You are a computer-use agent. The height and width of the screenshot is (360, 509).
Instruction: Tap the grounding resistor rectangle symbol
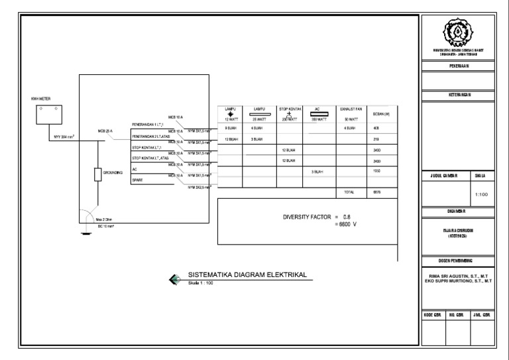98,174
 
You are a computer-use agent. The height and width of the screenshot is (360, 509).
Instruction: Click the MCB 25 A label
105,131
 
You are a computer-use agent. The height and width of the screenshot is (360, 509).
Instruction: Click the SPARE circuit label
137,180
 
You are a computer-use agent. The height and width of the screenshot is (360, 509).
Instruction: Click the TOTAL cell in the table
349,192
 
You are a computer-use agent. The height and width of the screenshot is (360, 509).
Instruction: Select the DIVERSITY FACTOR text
306,217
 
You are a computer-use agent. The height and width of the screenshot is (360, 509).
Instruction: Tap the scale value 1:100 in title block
482,195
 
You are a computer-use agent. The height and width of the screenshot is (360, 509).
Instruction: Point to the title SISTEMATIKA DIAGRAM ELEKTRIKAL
247,275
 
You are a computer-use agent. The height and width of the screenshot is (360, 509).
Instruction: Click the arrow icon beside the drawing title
175,279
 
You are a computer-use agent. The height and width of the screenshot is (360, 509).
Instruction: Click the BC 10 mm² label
107,226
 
